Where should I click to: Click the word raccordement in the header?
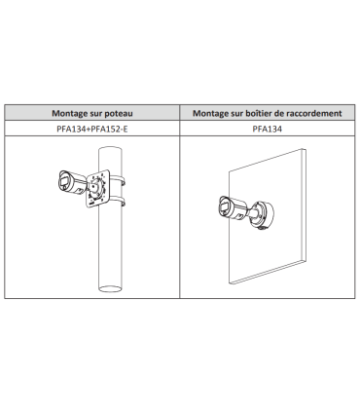click(x=317, y=113)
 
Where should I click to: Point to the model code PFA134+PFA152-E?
click(x=92, y=129)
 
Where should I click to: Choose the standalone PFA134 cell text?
click(x=268, y=129)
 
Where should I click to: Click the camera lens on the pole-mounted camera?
click(x=63, y=181)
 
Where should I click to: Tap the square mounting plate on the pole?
click(x=97, y=188)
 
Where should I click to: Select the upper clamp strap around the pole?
click(x=118, y=179)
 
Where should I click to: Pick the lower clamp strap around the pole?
click(x=118, y=201)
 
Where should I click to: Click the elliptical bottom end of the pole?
click(x=110, y=288)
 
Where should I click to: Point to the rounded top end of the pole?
click(x=110, y=149)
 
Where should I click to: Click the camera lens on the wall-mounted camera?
click(x=224, y=206)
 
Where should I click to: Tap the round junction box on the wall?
click(x=263, y=213)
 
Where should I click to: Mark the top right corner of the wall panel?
click(x=306, y=149)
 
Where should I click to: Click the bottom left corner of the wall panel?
click(x=230, y=283)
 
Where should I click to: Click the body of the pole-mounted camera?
click(x=72, y=183)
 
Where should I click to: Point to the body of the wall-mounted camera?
click(x=233, y=208)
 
